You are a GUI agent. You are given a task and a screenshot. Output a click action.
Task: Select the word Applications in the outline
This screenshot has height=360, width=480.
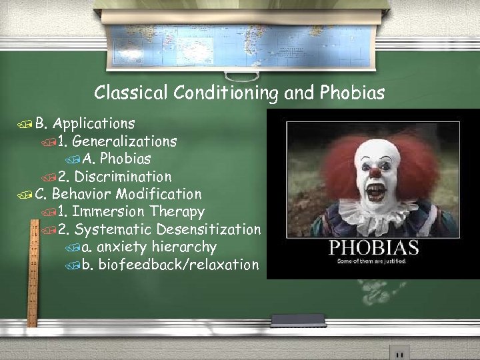coord(94,123)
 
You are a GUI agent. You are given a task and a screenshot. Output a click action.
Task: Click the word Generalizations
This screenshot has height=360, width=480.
coord(124,141)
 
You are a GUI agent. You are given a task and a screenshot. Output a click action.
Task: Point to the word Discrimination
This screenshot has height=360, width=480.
coord(123,177)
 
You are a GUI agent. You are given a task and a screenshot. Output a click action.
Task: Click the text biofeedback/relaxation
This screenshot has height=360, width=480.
coord(178,265)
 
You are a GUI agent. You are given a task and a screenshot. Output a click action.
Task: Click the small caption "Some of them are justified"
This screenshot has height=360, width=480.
coord(373,263)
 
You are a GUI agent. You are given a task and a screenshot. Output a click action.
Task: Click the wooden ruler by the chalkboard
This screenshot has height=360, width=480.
coord(31,273)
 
